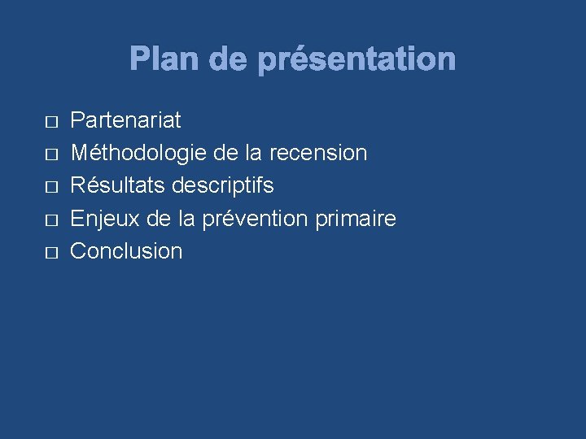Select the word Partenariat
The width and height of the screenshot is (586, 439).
[125, 121]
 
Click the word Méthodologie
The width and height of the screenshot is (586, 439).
[139, 154]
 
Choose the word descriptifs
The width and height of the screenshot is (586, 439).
[221, 186]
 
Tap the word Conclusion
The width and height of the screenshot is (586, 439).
[126, 251]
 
